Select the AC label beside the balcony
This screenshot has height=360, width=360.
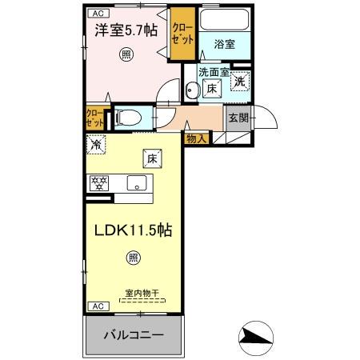tap(97, 306)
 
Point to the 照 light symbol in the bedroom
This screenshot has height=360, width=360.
tap(126, 54)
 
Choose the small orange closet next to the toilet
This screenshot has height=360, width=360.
tap(94, 118)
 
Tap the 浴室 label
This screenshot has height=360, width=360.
tap(223, 45)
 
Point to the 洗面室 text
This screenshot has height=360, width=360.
tap(213, 73)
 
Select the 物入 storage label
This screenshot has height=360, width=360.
tap(197, 138)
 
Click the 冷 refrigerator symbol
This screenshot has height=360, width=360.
tap(96, 146)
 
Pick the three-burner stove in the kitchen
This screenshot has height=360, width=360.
tap(99, 183)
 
